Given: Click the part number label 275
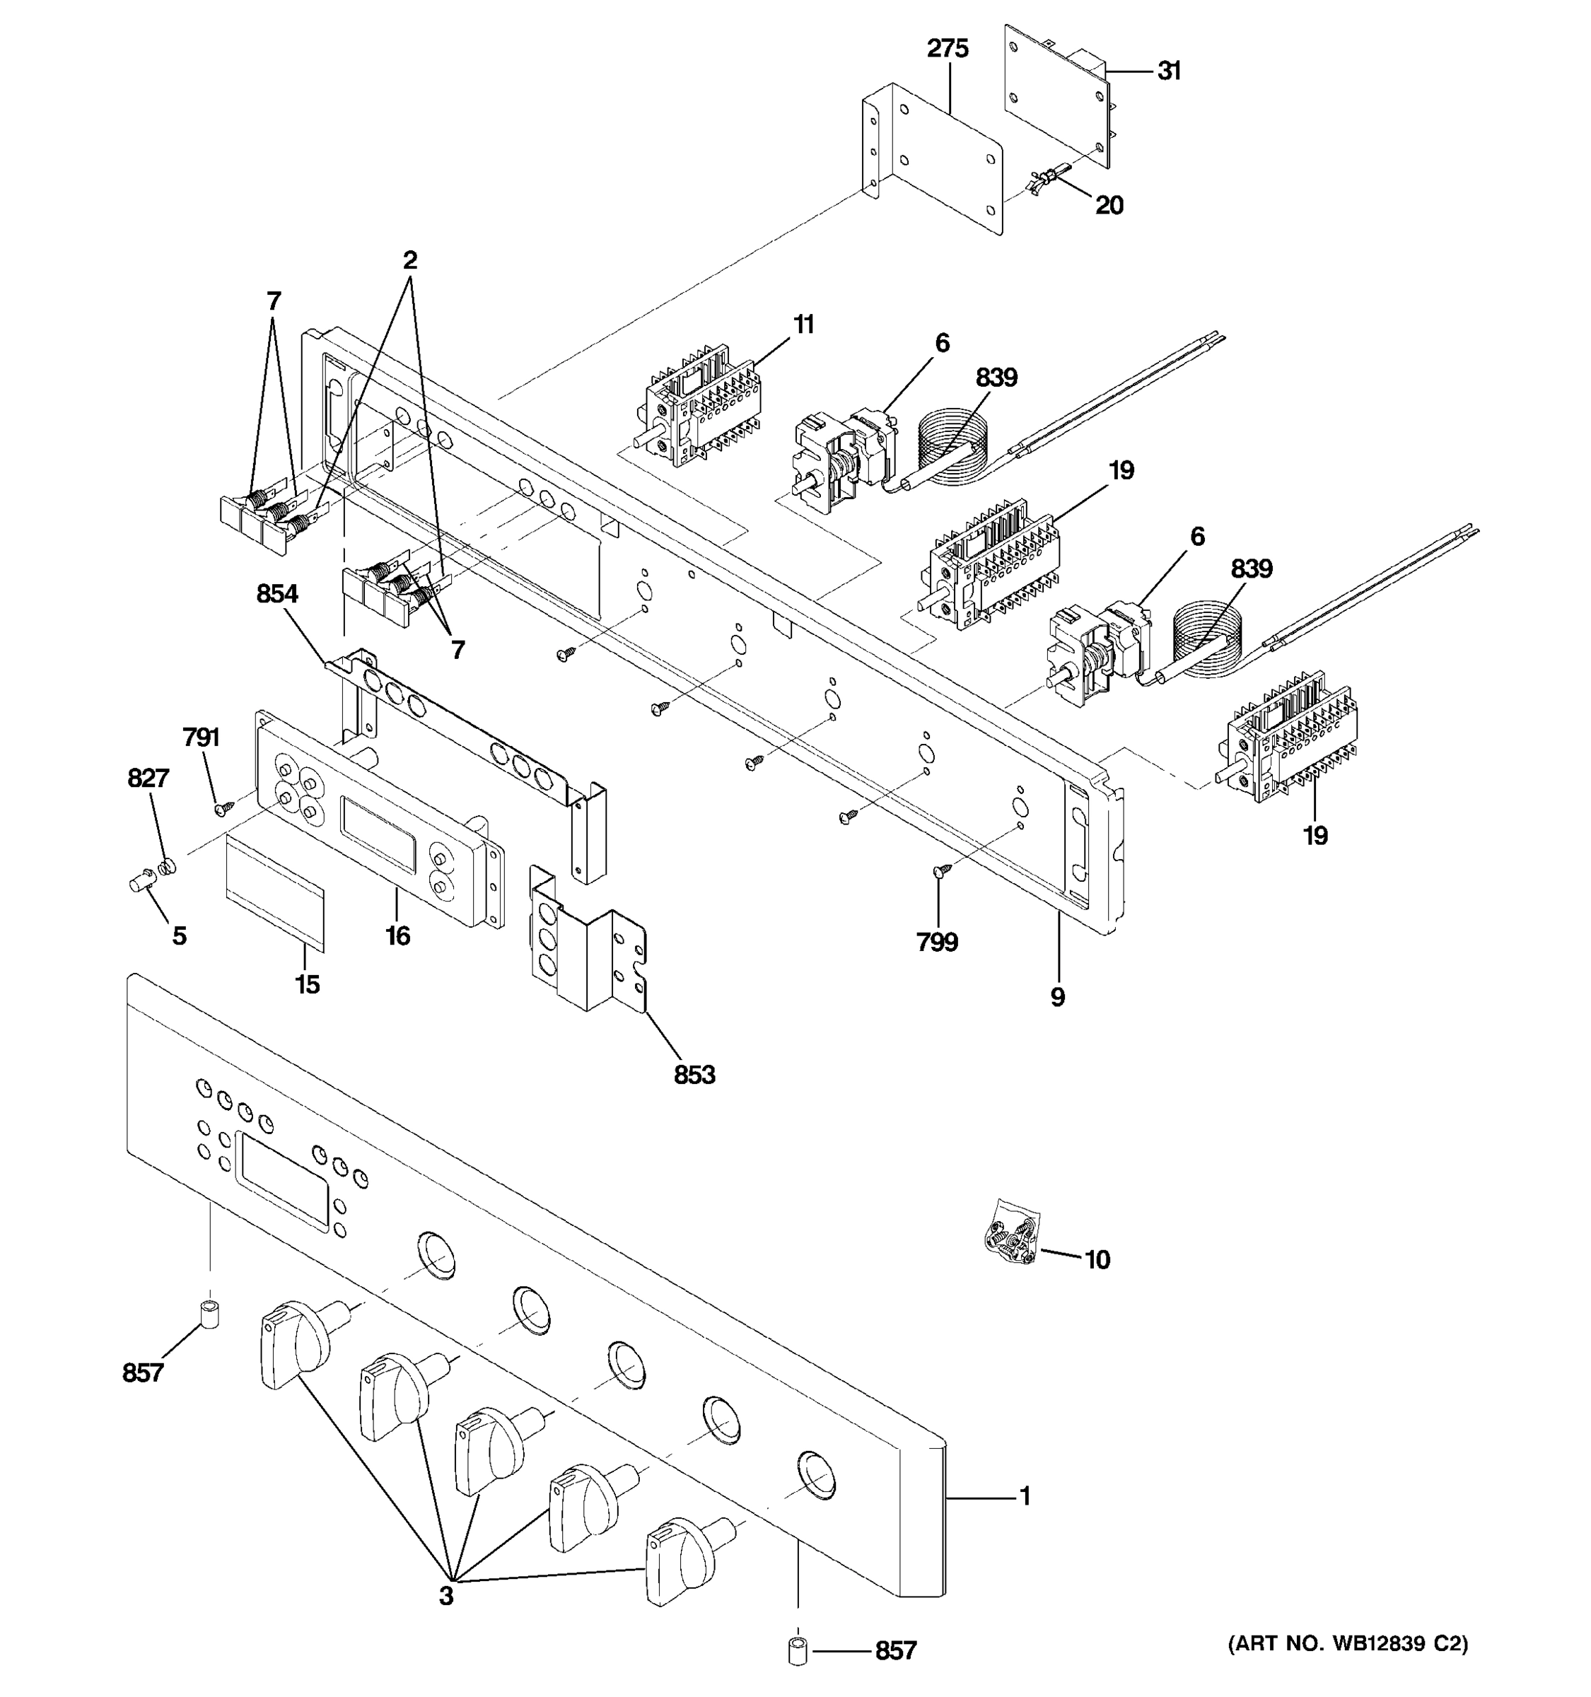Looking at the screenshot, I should pos(948,49).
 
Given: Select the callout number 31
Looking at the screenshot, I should pos(1168,71).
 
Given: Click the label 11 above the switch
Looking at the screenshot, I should pos(803,325).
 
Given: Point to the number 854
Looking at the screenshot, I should pos(277,593).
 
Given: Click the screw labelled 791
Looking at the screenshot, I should pos(224,805).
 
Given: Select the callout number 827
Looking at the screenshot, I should pos(148,778).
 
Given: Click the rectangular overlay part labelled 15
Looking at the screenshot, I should pos(275,893).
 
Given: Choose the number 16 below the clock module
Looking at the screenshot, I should pos(397,935).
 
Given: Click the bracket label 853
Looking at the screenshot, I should pos(694,1075).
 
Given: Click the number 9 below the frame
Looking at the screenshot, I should pos(1058,996).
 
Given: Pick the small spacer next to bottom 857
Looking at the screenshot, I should pos(797,1650).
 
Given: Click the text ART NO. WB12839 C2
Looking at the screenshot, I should pos(1348,1643).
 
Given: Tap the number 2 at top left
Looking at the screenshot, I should pos(409,260).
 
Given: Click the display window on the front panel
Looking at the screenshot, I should pos(281,1182).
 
